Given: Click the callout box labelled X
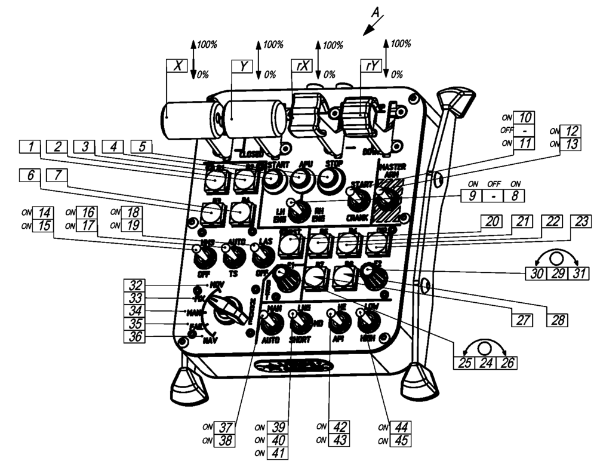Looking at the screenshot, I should tap(177, 66).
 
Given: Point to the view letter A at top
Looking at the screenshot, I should tap(375, 11).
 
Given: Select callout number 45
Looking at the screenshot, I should tap(400, 441).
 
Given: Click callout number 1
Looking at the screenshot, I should tap(27, 145).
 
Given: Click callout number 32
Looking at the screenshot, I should tap(133, 285).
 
